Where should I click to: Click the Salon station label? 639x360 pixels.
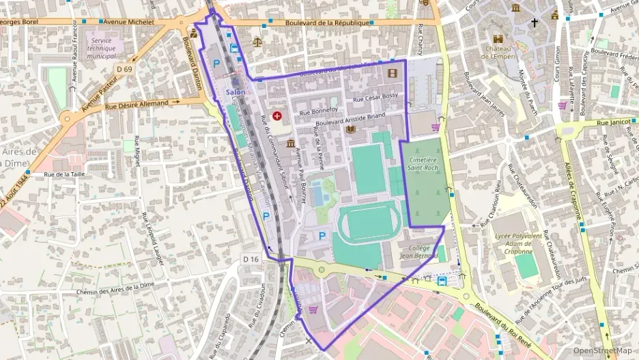point(235,93)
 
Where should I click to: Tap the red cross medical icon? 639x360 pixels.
point(277,117)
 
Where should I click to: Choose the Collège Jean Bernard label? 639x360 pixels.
point(418,251)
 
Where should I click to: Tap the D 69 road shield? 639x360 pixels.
point(124,69)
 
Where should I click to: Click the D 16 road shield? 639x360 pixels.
point(251,259)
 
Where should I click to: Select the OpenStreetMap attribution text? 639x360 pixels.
point(603,351)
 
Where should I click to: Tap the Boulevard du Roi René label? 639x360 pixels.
point(509,324)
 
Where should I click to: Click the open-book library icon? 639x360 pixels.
point(350,129)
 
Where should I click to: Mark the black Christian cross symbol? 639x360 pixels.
point(534,23)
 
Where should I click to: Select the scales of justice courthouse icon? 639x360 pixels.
point(257,41)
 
